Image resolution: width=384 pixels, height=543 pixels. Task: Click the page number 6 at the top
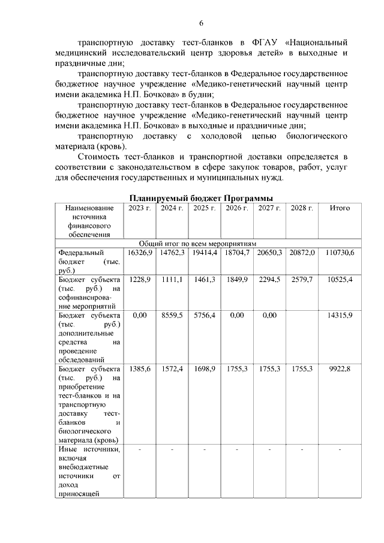click(x=202, y=23)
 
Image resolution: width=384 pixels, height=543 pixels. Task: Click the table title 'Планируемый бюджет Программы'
click(x=202, y=198)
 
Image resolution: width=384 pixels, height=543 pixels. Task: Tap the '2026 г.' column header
click(x=237, y=208)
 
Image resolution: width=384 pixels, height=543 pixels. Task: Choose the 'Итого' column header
click(x=340, y=208)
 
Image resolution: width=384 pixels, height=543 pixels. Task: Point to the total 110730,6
click(x=340, y=253)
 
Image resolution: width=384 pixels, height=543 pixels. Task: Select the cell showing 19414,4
click(x=205, y=253)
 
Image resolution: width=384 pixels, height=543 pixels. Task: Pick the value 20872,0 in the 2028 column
click(x=302, y=253)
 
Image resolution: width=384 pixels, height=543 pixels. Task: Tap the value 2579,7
click(x=302, y=280)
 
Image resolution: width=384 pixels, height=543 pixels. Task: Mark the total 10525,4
click(x=340, y=280)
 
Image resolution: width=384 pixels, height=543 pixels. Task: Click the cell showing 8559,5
click(x=172, y=316)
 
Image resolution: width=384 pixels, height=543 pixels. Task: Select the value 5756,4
click(x=205, y=316)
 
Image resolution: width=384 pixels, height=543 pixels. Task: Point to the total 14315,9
click(x=340, y=316)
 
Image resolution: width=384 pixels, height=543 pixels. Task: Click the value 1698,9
click(x=205, y=369)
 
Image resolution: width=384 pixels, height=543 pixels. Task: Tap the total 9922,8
click(x=340, y=369)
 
